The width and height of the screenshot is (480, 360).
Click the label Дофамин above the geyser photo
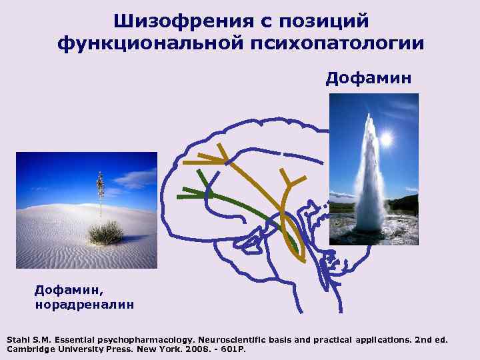pos(368,80)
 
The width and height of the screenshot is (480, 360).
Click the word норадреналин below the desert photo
pos(84,305)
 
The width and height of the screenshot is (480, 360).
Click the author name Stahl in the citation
pos(19,340)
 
